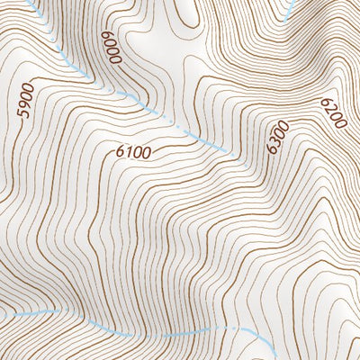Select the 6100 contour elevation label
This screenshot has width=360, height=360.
coord(133,153)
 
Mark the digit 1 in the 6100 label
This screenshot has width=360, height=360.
coord(129,153)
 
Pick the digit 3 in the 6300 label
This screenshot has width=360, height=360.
coord(274,141)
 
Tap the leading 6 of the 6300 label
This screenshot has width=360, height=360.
coord(272,148)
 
